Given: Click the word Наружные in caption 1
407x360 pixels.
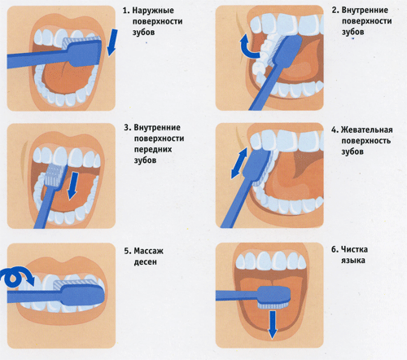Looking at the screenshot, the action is click(153, 11).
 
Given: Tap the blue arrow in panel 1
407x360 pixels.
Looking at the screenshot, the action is click(112, 42).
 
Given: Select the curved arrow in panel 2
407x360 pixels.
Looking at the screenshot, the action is click(248, 46).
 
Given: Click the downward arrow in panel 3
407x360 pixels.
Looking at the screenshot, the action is click(73, 186).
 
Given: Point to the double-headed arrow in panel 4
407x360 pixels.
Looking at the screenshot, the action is click(239, 163).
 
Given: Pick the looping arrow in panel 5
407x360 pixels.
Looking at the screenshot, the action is click(17, 277).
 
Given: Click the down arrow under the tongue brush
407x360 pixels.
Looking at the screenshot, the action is click(272, 325).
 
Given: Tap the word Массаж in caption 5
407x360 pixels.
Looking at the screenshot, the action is click(148, 251).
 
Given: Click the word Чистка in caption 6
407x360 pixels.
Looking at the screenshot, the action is click(354, 249).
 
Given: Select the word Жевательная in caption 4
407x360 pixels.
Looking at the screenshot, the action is click(366, 130).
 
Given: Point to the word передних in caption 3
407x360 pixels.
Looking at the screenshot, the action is click(153, 150).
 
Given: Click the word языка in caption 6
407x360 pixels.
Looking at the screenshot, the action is click(353, 261).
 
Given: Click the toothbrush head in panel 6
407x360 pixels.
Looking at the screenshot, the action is click(274, 297).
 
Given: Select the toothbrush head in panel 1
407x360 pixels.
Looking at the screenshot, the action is click(82, 51).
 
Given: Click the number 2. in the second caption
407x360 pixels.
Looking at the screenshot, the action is click(335, 11).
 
